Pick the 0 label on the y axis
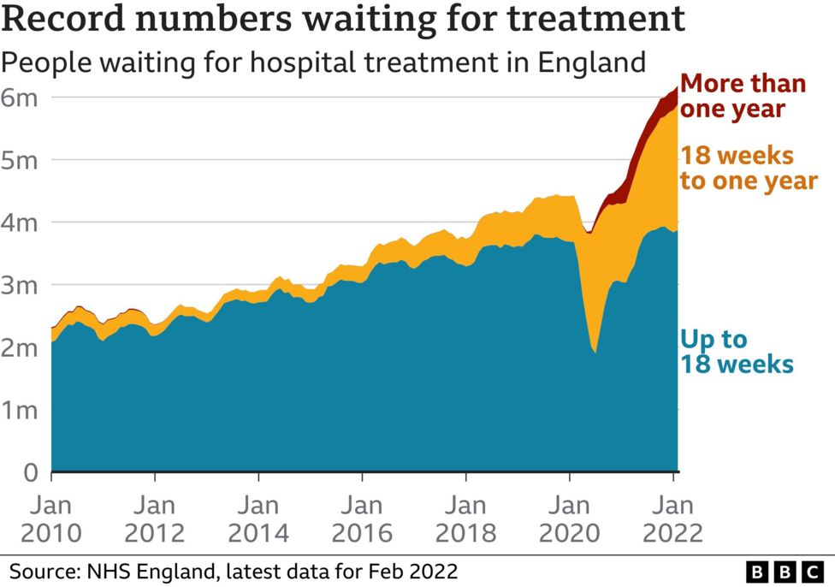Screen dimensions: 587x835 [x=30, y=471]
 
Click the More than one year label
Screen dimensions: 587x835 [x=743, y=97]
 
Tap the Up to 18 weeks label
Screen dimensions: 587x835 [x=736, y=352]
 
